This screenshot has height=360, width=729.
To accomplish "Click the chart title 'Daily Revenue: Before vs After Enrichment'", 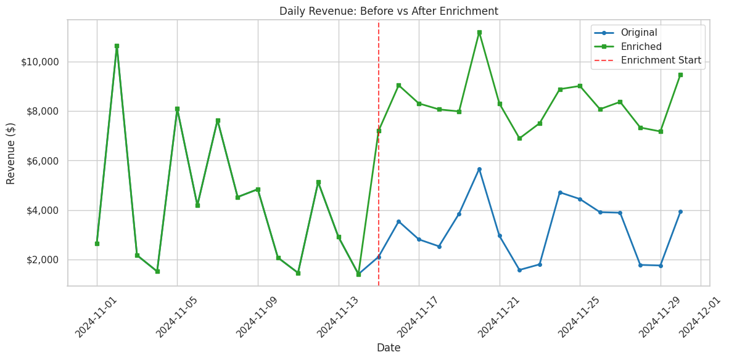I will click(389, 11).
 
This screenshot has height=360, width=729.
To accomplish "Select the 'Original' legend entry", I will click(638, 33).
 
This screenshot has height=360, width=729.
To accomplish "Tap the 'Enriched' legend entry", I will click(641, 47).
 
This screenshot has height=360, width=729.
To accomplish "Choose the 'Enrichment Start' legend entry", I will click(661, 60).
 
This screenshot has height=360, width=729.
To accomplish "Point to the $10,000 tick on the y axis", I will click(40, 62).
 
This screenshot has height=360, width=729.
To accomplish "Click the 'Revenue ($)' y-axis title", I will click(11, 153).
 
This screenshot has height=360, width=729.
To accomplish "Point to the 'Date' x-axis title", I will click(389, 348).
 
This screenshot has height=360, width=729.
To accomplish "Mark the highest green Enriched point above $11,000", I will click(479, 32).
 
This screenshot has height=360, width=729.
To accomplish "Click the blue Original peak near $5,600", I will click(479, 169).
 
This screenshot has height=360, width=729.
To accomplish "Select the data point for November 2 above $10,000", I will click(117, 46).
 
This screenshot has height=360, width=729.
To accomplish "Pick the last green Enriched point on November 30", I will click(680, 75).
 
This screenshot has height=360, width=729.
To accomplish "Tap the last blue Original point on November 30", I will click(680, 211).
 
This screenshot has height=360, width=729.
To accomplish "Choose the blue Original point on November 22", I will click(519, 270).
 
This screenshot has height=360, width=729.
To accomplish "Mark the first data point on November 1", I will click(97, 243).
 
